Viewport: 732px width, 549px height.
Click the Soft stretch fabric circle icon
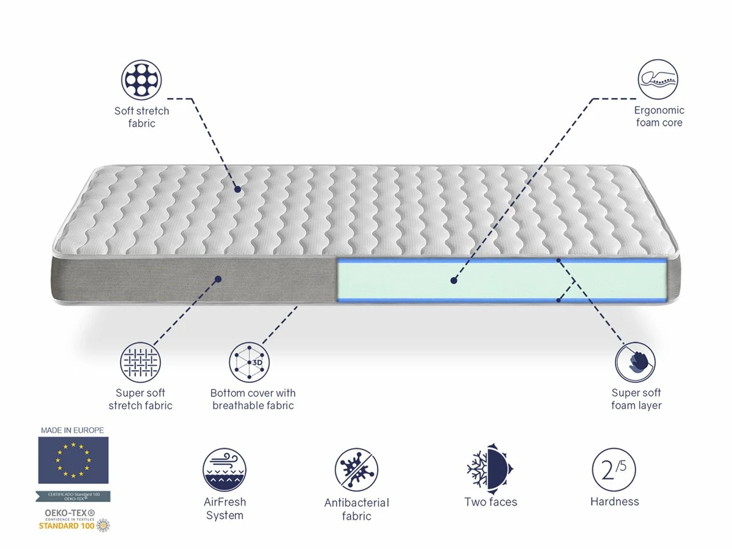click(142, 80)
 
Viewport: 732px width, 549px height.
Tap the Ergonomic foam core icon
click(658, 80)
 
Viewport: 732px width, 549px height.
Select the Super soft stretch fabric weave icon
click(141, 362)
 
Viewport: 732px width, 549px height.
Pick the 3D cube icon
click(249, 362)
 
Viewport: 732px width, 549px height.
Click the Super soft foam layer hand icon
click(636, 362)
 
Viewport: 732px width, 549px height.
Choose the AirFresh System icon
click(224, 470)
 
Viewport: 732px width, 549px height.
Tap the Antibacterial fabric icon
click(356, 470)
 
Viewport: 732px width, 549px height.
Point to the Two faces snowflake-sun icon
click(490, 470)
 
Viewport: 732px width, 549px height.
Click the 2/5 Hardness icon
click(614, 470)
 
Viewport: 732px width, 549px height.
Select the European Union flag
click(73, 460)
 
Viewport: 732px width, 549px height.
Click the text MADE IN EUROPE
click(73, 430)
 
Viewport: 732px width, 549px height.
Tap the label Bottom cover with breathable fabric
click(253, 400)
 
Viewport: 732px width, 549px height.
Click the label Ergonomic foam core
click(659, 117)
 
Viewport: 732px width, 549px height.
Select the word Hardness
click(615, 502)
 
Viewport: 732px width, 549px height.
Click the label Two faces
click(490, 502)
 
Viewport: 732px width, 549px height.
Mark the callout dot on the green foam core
click(453, 281)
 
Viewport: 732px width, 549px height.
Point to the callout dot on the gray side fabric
click(218, 279)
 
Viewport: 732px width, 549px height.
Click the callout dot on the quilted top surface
click(237, 190)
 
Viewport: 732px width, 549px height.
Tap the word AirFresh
click(225, 502)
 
